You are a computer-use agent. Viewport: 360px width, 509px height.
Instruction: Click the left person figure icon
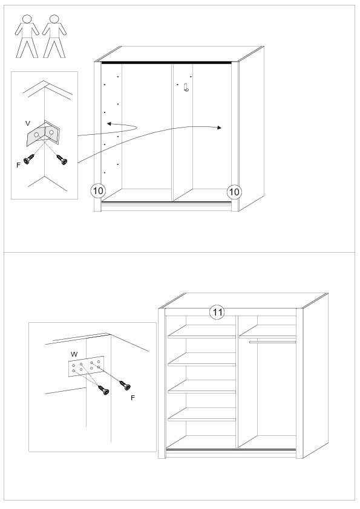(x=27, y=36)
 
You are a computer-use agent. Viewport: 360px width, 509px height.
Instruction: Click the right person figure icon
(x=54, y=36)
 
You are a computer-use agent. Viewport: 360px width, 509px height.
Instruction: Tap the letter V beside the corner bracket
(x=28, y=123)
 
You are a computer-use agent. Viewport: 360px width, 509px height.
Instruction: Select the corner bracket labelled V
(x=43, y=133)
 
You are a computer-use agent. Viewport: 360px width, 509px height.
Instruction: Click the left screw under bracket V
(x=29, y=159)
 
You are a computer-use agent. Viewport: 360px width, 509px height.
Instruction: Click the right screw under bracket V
(x=62, y=160)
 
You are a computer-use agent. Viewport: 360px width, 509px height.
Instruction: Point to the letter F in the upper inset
(x=19, y=165)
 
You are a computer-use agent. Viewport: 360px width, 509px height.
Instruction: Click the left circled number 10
(x=98, y=191)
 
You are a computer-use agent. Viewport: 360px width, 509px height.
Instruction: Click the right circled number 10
(x=234, y=192)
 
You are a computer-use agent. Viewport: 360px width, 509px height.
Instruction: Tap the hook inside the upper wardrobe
(x=186, y=87)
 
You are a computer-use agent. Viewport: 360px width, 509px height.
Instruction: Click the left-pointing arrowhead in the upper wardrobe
(x=109, y=123)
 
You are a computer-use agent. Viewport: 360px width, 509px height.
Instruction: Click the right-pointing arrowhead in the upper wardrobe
(x=220, y=128)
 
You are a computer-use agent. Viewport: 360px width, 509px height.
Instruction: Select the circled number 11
(x=217, y=313)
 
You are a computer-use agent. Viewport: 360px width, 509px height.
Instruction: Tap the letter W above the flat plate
(x=74, y=354)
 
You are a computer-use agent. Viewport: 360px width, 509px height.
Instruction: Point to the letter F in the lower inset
(x=133, y=398)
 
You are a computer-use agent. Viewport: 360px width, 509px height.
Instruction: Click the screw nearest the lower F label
(x=125, y=385)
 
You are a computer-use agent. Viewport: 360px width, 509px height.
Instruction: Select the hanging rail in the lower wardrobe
(x=273, y=342)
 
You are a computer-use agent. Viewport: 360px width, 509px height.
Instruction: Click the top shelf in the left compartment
(x=201, y=332)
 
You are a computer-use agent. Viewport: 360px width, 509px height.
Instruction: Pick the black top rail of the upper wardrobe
(x=166, y=62)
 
